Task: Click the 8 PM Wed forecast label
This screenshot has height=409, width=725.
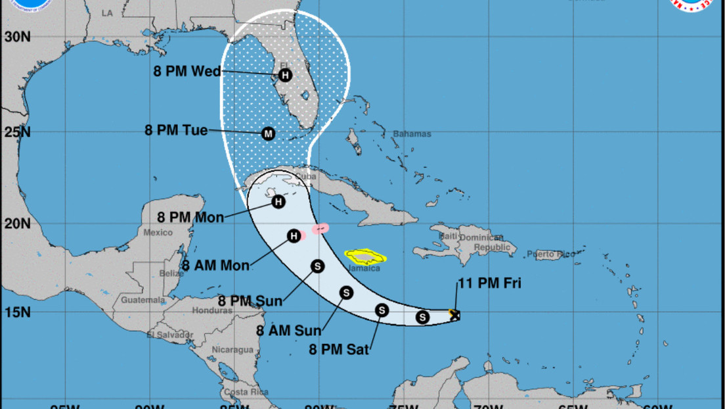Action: [x=188, y=72]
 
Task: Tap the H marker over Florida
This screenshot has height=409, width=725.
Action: [x=285, y=75]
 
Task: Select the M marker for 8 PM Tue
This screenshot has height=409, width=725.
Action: [x=268, y=133]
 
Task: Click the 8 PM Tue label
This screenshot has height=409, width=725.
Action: [x=176, y=130]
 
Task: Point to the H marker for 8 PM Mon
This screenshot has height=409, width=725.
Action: [x=278, y=202]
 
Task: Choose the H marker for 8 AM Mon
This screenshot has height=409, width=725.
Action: [x=294, y=235]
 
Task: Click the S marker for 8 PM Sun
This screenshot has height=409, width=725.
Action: [x=317, y=266]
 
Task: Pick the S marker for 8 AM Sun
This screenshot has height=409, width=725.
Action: [x=345, y=293]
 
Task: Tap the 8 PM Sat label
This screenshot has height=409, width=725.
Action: [x=338, y=350]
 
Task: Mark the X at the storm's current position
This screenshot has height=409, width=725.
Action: [x=454, y=315]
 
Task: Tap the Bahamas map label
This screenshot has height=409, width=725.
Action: [x=412, y=134]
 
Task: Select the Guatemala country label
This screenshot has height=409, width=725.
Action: [x=142, y=300]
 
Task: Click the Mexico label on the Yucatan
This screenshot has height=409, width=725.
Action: [x=158, y=232]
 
